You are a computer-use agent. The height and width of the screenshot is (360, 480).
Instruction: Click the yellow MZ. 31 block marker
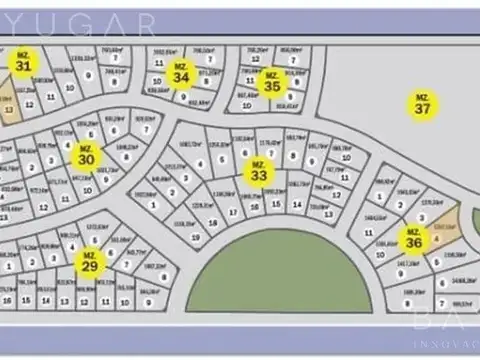coord(23,63)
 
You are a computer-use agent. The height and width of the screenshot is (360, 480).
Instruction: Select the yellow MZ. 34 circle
coord(180,74)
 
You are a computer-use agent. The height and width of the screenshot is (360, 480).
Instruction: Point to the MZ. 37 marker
coord(422,103)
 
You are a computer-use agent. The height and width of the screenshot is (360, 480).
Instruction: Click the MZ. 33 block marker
coord(259,171)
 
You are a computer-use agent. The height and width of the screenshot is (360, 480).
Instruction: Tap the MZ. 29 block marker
coord(89,262)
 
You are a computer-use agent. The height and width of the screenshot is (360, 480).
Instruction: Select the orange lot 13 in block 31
coord(9,110)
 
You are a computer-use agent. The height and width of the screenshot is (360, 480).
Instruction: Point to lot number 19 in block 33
coord(196,237)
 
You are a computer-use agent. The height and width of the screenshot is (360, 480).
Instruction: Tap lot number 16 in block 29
coord(7,299)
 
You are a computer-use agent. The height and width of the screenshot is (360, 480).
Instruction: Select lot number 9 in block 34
coord(183,97)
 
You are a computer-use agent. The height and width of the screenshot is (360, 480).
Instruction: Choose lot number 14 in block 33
coord(296,204)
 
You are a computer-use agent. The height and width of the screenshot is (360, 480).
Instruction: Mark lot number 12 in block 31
coord(30,103)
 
